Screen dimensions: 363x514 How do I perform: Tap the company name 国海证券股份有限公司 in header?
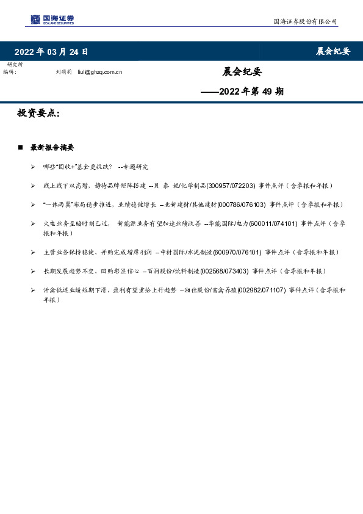[304, 21]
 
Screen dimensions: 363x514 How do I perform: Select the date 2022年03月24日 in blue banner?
[51, 51]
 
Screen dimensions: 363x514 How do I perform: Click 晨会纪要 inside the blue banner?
[332, 51]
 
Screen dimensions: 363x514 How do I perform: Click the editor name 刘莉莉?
[63, 72]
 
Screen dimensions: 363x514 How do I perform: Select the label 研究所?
[15, 65]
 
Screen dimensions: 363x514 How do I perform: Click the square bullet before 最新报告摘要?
[21, 148]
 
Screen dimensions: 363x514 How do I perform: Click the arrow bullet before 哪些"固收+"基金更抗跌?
[32, 167]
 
